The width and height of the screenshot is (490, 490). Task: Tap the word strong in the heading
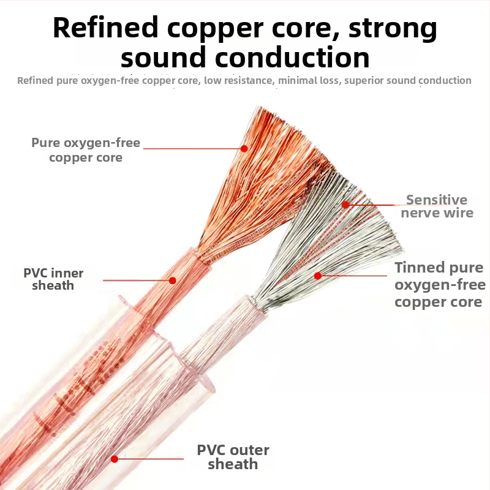389,28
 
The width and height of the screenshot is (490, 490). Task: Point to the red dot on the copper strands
244,148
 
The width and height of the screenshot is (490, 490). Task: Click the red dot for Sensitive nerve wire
345,205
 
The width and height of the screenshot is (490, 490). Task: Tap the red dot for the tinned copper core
318,276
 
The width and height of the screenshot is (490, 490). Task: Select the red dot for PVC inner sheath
173,281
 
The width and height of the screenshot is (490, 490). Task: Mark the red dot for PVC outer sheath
115,458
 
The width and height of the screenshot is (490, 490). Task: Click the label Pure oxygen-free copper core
86,151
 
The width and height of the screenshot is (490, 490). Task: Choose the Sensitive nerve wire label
437,206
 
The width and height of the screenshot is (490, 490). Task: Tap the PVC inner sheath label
53,279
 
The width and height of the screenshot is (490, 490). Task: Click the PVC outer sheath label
233,457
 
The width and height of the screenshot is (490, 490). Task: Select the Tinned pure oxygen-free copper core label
439,285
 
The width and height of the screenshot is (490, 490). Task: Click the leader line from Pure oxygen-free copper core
193,148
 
